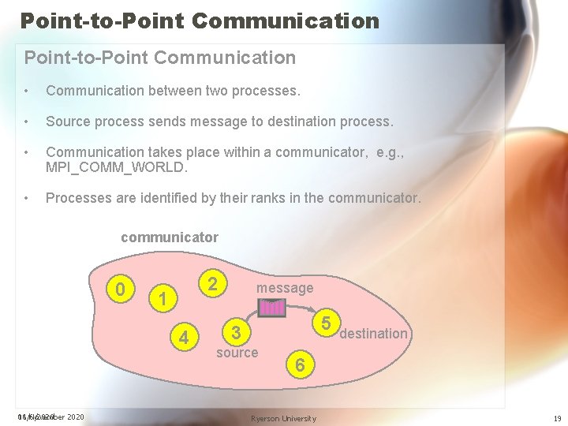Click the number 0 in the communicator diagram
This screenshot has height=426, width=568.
[120, 290]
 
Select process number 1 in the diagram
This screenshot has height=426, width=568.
[162, 300]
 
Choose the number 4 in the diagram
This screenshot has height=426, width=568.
[184, 338]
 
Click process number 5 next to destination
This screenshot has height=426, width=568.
[325, 322]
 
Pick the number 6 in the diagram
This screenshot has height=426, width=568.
[300, 364]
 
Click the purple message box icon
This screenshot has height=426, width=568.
[273, 308]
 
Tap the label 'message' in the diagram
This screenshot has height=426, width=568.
[285, 289]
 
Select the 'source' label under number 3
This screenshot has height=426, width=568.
[237, 353]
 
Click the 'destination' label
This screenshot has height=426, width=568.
[373, 334]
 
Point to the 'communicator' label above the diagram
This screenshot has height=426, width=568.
[170, 237]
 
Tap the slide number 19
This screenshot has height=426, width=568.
[557, 418]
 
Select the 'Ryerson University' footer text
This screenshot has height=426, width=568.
[283, 418]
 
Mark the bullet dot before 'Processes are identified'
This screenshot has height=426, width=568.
[28, 199]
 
